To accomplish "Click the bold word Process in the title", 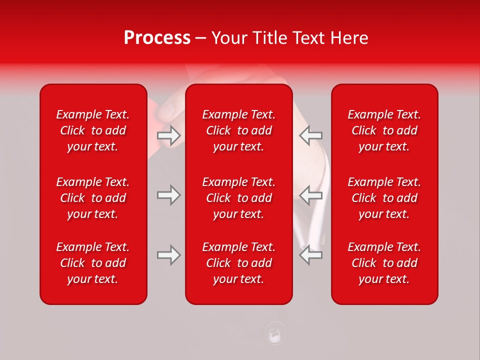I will (157, 38).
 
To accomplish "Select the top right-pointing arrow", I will (168, 135).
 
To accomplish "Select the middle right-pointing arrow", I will (168, 195).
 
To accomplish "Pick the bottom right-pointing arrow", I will (168, 255).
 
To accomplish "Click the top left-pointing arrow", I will (310, 135).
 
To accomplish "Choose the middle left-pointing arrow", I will (310, 195).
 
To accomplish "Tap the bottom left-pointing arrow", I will (310, 255).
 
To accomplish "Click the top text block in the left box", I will (93, 130).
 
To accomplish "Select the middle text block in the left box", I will (93, 198).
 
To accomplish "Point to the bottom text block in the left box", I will (93, 263).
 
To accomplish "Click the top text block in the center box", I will (238, 130).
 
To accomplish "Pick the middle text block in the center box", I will (238, 198).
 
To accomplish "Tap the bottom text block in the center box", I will (238, 263).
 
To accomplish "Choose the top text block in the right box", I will (384, 130).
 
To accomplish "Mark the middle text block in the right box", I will (384, 198).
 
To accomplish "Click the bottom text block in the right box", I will (384, 263).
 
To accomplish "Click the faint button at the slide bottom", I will (274, 333).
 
